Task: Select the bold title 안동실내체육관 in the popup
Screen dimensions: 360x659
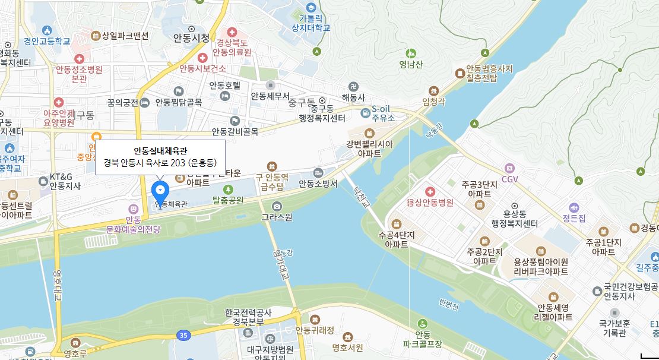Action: click(160, 150)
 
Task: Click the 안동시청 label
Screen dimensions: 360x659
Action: click(191, 38)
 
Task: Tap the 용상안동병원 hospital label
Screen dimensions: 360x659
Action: click(430, 203)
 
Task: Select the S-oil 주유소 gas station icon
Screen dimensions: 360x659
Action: click(366, 112)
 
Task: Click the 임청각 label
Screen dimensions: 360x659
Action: click(433, 102)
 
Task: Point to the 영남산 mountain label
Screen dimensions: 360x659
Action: click(411, 65)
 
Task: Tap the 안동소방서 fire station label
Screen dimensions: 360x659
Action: click(318, 184)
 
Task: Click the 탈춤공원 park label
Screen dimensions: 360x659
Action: click(228, 200)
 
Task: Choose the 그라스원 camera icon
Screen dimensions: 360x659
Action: click(277, 206)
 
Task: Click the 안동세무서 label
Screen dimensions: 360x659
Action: click(270, 96)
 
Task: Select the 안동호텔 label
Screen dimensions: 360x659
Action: click(225, 85)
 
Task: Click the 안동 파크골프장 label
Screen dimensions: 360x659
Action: click(423, 339)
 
